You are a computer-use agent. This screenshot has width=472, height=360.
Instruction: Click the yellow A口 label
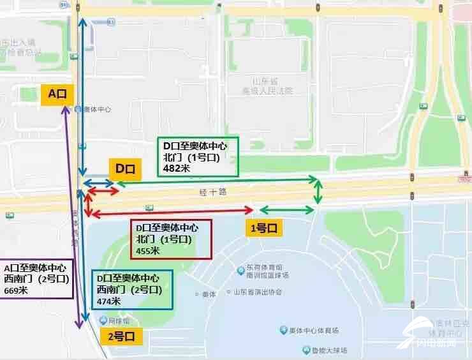[57, 93]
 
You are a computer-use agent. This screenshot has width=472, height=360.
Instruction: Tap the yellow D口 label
[125, 169]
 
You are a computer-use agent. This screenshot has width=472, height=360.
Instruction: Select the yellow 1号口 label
[262, 227]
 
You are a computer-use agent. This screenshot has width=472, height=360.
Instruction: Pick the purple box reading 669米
[38, 279]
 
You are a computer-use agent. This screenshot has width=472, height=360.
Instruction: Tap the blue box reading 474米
[132, 289]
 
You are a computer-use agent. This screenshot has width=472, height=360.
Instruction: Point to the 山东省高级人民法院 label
[272, 86]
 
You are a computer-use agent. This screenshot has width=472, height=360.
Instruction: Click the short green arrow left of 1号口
[286, 210]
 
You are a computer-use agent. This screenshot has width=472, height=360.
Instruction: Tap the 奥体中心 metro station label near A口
[97, 109]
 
